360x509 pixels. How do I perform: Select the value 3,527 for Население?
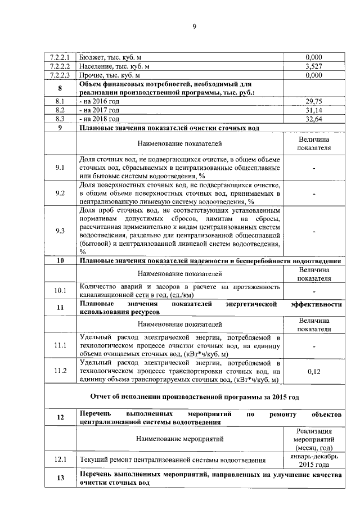click(x=313, y=66)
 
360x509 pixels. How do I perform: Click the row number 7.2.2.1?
click(x=60, y=57)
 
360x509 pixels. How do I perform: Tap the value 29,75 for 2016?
click(x=313, y=101)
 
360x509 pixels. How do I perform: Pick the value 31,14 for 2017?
click(x=313, y=110)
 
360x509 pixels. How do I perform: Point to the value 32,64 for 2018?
click(x=313, y=119)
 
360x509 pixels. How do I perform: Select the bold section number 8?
click(x=60, y=88)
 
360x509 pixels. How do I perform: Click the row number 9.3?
click(x=60, y=231)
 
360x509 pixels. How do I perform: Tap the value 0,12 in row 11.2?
click(x=313, y=372)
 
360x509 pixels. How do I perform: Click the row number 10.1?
click(x=60, y=291)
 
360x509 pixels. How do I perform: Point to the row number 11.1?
click(x=60, y=345)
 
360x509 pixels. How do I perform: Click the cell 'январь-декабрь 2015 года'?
click(x=313, y=461)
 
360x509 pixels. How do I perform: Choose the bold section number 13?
click(x=60, y=479)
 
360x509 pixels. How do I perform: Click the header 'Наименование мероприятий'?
click(x=179, y=438)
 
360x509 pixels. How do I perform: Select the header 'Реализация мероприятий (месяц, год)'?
click(x=313, y=438)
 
